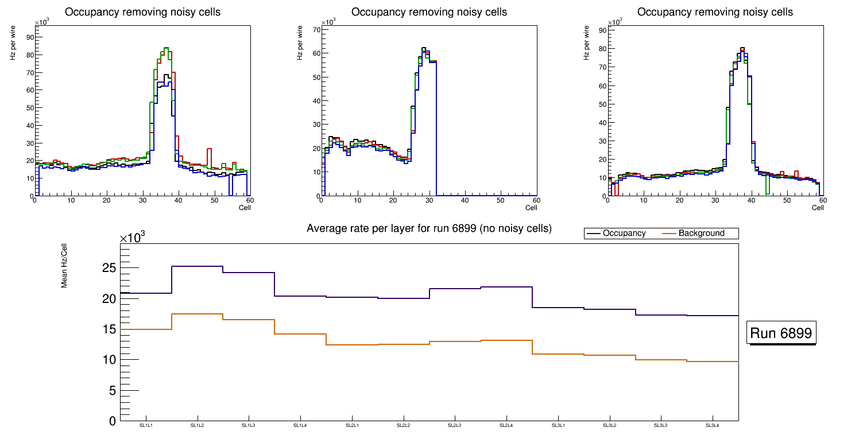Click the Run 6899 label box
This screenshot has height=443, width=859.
[x=781, y=333]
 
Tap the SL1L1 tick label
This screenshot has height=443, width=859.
[x=146, y=426]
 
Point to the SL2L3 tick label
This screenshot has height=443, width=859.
[x=455, y=426]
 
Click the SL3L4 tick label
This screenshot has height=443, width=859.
[x=713, y=426]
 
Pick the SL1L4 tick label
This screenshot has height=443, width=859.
[x=300, y=426]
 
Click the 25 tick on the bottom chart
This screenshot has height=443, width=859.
[x=109, y=268]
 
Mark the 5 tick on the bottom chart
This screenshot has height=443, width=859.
[x=113, y=391]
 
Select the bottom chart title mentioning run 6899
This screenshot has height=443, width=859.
[x=429, y=228]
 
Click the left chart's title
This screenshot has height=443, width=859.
[x=142, y=12]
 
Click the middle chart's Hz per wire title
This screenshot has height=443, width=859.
[x=299, y=49]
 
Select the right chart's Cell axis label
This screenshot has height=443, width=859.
[x=818, y=208]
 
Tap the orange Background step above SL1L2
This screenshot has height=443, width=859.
[x=197, y=314]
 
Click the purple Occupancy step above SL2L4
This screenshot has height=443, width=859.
[x=506, y=287]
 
